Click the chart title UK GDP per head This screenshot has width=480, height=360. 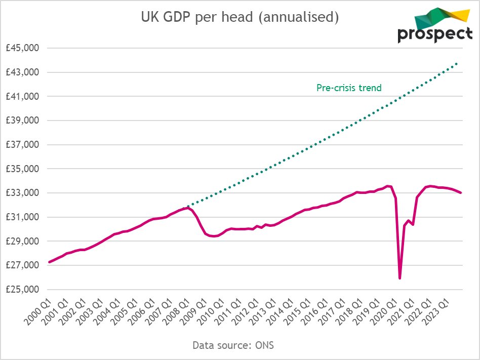coord(239,17)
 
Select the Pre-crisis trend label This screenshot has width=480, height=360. coord(349,88)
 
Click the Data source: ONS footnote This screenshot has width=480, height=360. coord(233,345)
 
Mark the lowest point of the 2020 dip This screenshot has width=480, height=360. coord(400,278)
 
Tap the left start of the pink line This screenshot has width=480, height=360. coord(49,262)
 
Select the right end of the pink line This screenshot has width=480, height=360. coord(460,192)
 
